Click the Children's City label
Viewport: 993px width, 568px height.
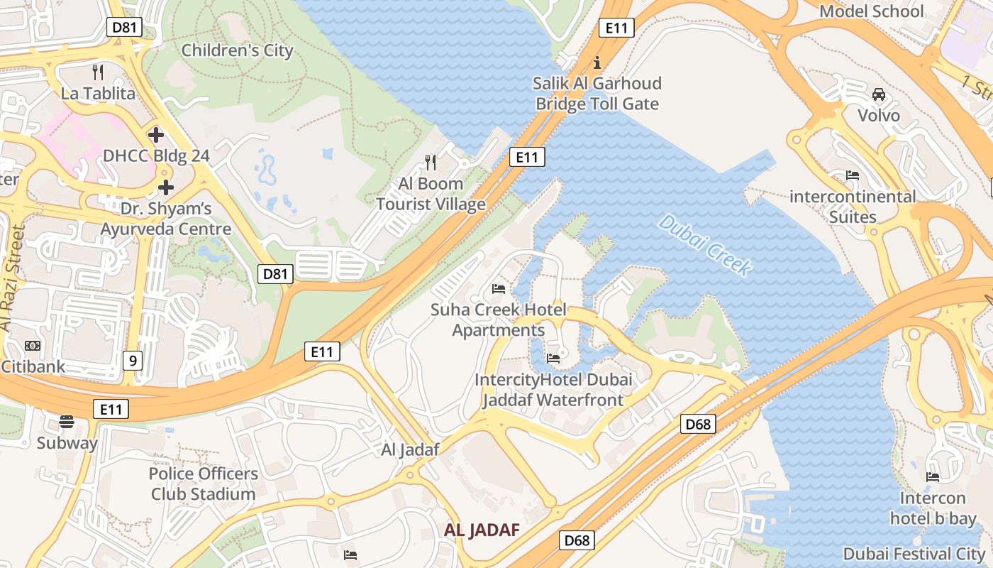point(237,50)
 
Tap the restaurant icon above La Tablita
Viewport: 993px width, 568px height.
point(98,72)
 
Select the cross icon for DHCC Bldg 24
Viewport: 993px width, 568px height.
point(155,134)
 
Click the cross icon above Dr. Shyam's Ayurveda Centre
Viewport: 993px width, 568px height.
point(166,187)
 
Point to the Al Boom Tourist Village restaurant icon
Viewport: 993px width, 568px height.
point(431,163)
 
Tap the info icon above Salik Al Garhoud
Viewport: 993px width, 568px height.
point(597,62)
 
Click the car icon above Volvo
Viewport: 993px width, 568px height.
point(878,94)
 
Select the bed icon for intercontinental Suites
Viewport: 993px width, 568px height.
point(853,175)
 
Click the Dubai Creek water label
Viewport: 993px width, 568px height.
point(704,246)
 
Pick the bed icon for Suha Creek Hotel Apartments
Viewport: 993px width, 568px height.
point(499,289)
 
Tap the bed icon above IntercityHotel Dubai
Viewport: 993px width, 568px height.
point(553,358)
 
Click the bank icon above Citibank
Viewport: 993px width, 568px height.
point(33,346)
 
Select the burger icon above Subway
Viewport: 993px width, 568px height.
point(67,422)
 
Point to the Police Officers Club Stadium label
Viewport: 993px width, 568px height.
point(203,484)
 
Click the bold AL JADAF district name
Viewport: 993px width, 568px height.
point(482,530)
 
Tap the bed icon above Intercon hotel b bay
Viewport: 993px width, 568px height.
point(933,477)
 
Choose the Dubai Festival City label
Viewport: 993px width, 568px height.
point(914,553)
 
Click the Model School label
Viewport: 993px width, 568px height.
point(872,11)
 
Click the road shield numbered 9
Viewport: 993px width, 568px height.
point(132,361)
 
